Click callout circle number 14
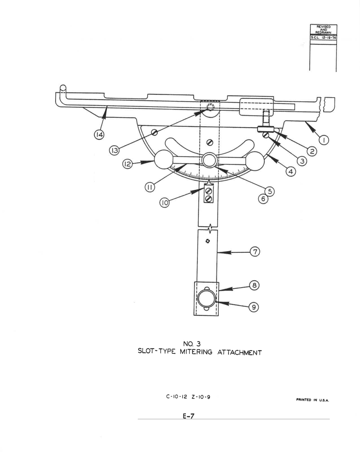pyautogui.click(x=99, y=135)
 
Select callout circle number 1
pyautogui.click(x=324, y=140)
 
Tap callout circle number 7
pyautogui.click(x=255, y=252)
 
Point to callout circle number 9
pyautogui.click(x=254, y=307)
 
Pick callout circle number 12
pyautogui.click(x=127, y=164)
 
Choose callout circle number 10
pyautogui.click(x=165, y=203)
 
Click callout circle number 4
pyautogui.click(x=291, y=172)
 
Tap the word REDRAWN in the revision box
pyautogui.click(x=323, y=32)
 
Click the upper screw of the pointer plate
pyautogui.click(x=209, y=190)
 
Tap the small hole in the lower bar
pyautogui.click(x=207, y=241)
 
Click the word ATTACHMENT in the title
pyautogui.click(x=240, y=353)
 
